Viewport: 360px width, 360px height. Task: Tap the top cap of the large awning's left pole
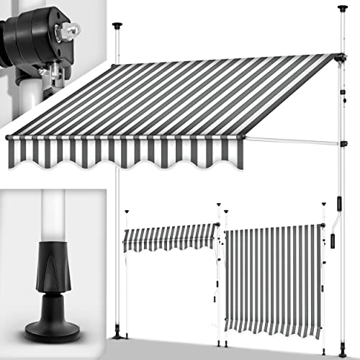(116, 27)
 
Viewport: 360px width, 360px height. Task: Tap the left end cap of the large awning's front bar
(8, 136)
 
